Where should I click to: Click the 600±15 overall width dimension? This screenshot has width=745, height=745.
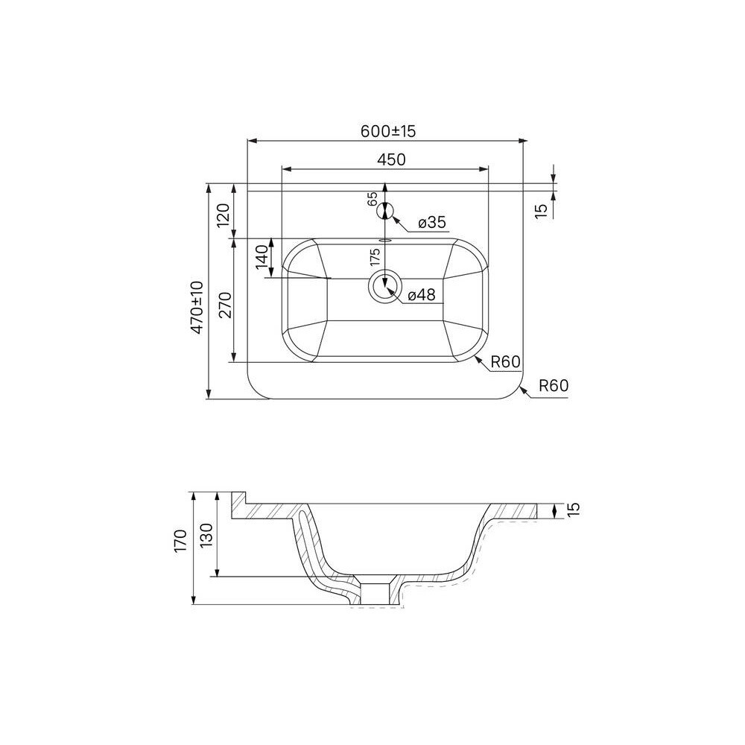tap(387, 130)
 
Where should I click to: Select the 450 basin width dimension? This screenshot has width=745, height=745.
tap(391, 159)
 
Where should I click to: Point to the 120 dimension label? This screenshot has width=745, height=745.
tap(223, 215)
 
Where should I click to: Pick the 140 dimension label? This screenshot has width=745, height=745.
tap(262, 258)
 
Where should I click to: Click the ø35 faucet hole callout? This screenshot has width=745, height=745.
tap(432, 222)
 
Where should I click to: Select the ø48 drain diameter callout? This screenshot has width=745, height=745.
tap(422, 294)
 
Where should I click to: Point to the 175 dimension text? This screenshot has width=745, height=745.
tap(375, 256)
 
